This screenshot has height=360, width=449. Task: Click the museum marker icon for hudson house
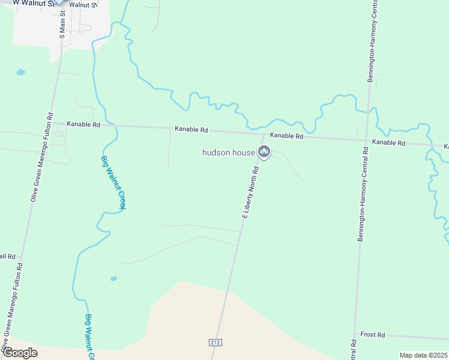click(264, 151)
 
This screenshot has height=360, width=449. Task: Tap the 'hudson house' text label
click(229, 152)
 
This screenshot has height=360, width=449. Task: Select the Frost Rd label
click(372, 335)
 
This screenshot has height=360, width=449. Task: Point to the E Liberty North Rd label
click(250, 191)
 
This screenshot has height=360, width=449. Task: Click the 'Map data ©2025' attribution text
click(423, 355)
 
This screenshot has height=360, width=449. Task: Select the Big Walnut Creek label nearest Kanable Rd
click(113, 182)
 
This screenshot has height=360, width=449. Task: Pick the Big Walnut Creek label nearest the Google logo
click(91, 337)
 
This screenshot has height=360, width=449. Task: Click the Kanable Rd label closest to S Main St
click(83, 124)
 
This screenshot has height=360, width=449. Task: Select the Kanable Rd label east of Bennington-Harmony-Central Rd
click(389, 143)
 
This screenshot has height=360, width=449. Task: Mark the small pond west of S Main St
click(21, 72)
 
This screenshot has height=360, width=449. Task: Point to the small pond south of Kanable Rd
click(113, 278)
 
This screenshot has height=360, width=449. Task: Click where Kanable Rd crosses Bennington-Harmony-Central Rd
click(367, 140)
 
